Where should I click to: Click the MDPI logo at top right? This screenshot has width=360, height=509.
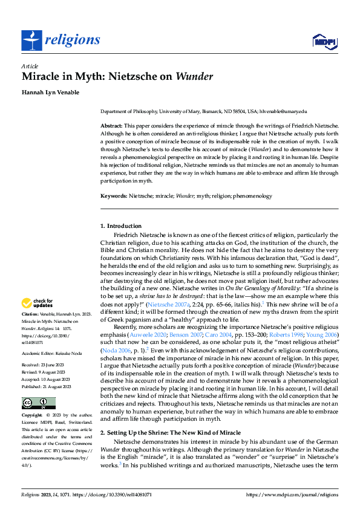point(323,41)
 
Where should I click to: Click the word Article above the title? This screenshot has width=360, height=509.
point(30,66)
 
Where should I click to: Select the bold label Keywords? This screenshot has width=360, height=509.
point(114,196)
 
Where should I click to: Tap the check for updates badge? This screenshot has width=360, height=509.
point(39,303)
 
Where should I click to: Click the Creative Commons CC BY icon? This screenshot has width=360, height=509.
point(39,403)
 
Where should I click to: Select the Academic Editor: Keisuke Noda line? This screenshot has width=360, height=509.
point(51,352)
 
